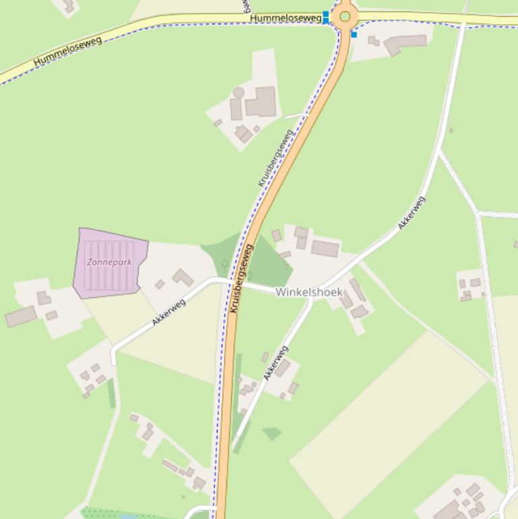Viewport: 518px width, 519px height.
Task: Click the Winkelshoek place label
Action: click(x=309, y=292)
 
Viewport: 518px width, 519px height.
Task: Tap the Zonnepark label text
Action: click(x=108, y=262)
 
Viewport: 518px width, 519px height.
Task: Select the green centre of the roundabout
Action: click(x=346, y=16)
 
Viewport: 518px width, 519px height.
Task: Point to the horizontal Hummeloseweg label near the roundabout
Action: click(x=285, y=18)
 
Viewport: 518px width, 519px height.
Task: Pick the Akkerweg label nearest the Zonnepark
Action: click(x=168, y=311)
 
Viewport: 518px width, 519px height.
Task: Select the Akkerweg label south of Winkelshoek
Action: click(x=276, y=363)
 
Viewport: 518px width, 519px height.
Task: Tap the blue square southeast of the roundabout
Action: click(x=354, y=34)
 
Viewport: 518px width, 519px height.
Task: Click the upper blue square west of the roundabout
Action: click(x=326, y=13)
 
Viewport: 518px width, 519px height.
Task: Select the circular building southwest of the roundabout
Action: click(x=238, y=92)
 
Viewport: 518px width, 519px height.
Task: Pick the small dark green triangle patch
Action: click(x=272, y=433)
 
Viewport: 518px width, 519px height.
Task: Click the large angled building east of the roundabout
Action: click(x=406, y=44)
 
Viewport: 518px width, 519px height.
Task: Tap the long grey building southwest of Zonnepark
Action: click(x=21, y=316)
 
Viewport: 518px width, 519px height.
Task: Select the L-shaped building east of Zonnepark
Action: click(x=183, y=277)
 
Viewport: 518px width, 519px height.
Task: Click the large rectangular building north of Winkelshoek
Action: click(x=325, y=248)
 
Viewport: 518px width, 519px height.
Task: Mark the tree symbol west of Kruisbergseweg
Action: click(x=224, y=265)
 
